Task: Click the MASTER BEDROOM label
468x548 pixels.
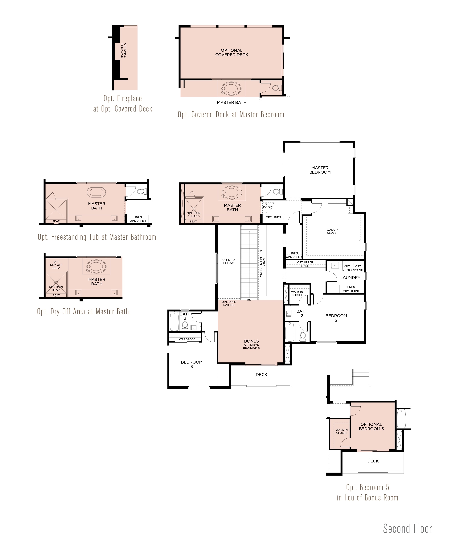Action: (320, 170)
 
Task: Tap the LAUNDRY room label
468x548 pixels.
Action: (350, 277)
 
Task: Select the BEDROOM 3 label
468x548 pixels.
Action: (192, 364)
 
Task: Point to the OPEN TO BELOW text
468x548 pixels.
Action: (228, 261)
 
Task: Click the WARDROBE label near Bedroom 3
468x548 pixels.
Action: (187, 339)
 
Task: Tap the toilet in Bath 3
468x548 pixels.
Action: (185, 326)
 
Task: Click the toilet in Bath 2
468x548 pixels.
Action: (303, 336)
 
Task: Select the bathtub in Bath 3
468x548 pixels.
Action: (174, 321)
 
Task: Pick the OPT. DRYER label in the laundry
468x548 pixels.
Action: (347, 268)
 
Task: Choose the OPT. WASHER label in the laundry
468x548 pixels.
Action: (358, 268)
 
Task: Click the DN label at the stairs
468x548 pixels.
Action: (249, 300)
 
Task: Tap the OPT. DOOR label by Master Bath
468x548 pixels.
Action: (267, 205)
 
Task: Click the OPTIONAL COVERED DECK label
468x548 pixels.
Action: (232, 52)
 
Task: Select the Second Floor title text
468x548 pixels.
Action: (407, 529)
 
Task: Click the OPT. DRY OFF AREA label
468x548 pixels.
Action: (56, 265)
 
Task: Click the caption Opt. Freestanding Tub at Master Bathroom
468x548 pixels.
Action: (97, 237)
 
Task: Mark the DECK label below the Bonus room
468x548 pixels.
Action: (261, 374)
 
